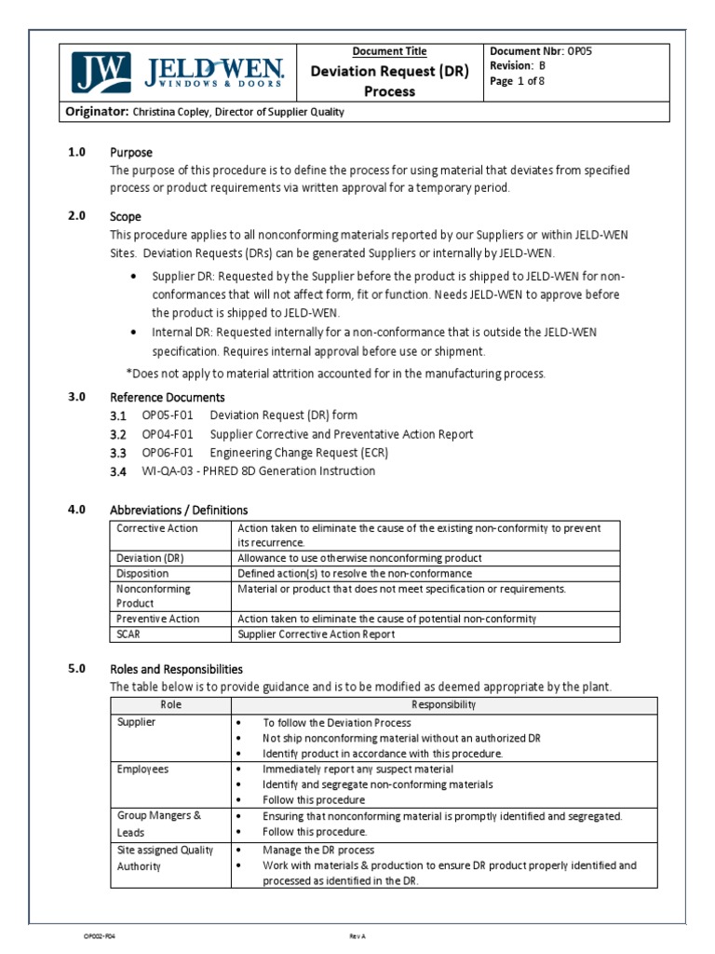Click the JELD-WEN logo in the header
coord(178,71)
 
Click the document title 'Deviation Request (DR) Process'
coord(389,81)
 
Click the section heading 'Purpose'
coord(131,152)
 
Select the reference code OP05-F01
coord(168,416)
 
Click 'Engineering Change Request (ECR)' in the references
coord(299,453)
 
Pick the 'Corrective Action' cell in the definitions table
coord(157,528)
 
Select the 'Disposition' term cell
coord(142,574)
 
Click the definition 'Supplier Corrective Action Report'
coord(317,634)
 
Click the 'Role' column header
coord(170,705)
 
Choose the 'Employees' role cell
coord(142,770)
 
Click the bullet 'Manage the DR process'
coord(318,850)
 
